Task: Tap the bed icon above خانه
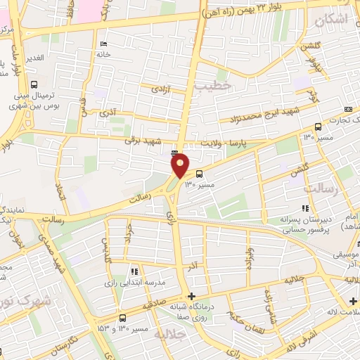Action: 104,44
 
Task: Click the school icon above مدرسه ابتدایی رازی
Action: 134,271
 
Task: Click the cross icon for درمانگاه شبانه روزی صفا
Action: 191,296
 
